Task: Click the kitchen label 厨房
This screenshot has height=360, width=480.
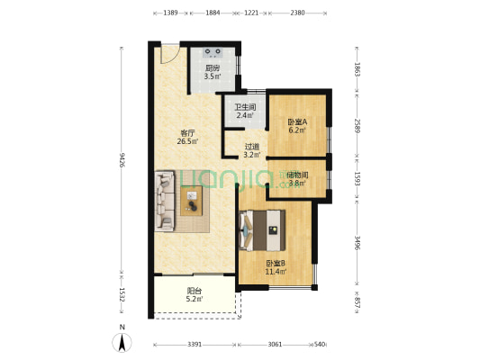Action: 213,68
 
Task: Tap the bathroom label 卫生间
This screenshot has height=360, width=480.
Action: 245,107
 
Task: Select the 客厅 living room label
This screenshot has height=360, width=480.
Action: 187,133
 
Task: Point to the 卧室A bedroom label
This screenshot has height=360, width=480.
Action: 297,122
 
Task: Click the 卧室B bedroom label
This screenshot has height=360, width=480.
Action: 276,263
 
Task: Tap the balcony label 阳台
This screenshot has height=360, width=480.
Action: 195,291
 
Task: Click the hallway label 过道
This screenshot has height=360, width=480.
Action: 252,147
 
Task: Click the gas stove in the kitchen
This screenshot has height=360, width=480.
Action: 213,52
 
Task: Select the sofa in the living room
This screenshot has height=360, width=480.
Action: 165,202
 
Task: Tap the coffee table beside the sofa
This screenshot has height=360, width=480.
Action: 191,201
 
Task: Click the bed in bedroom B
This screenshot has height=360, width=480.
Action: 262,230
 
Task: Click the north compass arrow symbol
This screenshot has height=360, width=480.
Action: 122,343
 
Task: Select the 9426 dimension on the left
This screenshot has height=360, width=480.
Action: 122,159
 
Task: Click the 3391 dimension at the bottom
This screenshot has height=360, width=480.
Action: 195,345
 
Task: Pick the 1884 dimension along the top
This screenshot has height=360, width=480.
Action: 213,13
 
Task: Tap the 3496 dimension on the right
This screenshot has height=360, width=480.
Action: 357,242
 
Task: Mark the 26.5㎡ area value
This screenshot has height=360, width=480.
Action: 187,141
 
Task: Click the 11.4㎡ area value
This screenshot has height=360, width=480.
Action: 276,271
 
